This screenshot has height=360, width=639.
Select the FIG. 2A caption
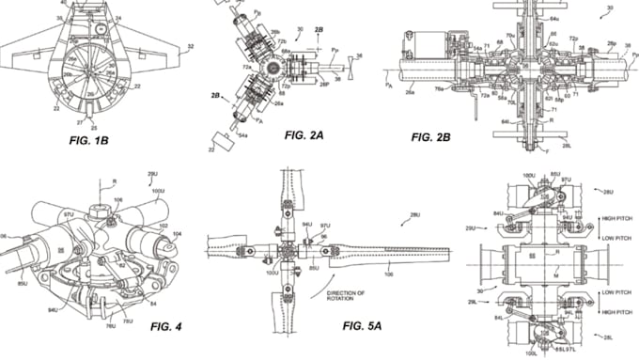(305, 135)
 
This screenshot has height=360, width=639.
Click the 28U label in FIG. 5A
(413, 215)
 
